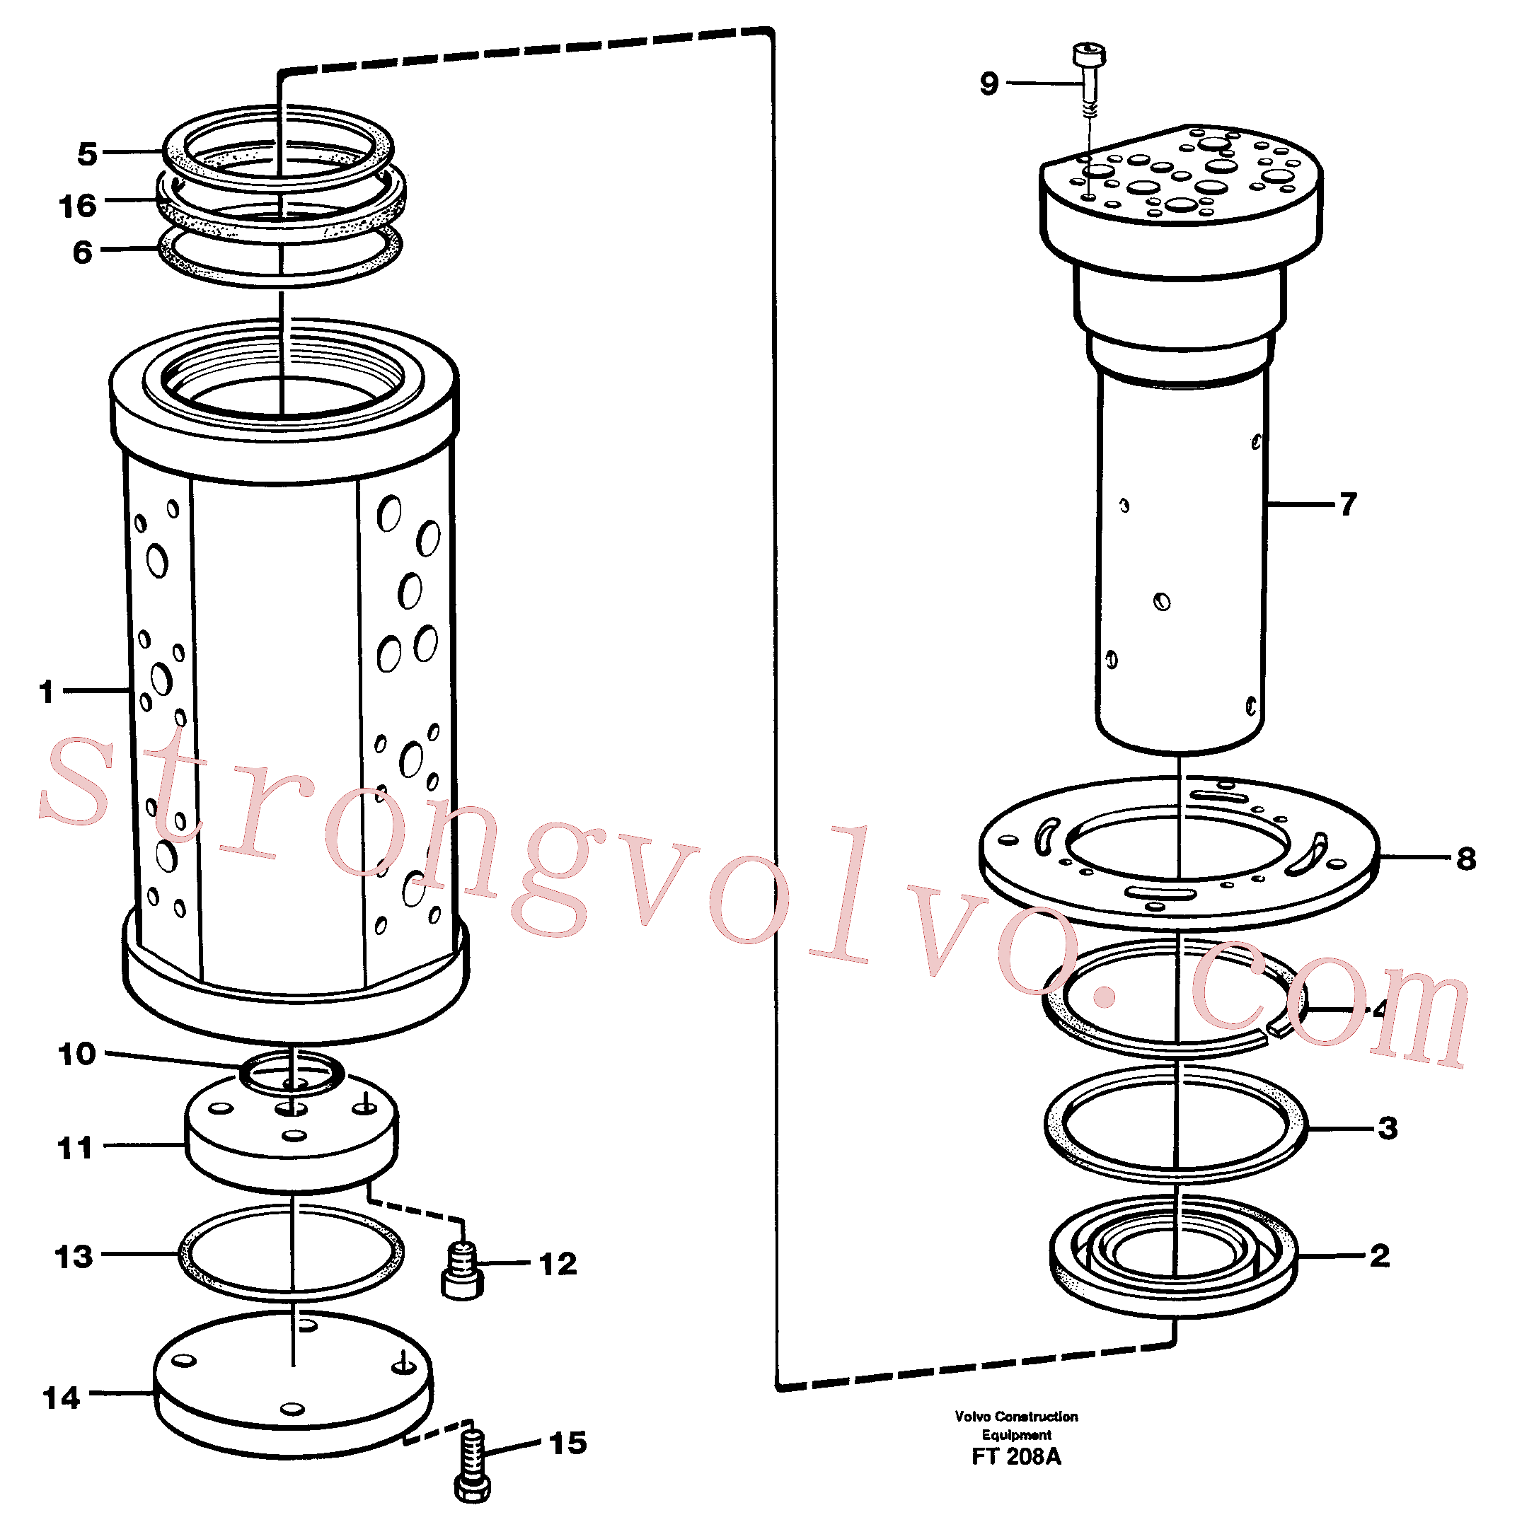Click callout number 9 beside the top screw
click(x=988, y=83)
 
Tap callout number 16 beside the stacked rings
click(x=77, y=206)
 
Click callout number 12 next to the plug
click(x=558, y=1264)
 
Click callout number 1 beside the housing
click(x=47, y=691)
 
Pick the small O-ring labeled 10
click(x=292, y=1073)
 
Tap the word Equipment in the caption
click(x=1016, y=1434)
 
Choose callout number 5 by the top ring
click(x=87, y=153)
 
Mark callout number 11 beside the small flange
click(x=76, y=1148)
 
